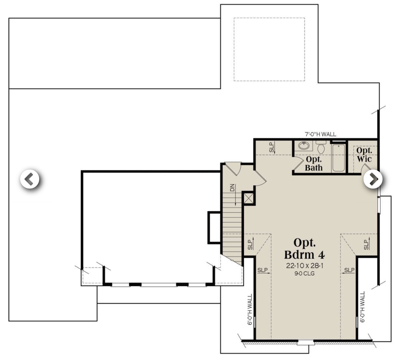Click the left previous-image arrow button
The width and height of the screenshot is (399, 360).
(30, 179)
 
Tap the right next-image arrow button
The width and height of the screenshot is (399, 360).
(373, 179)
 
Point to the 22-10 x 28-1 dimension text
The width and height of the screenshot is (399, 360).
(305, 265)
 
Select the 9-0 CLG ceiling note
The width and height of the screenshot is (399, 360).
(305, 273)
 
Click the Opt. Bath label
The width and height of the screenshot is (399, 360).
(314, 164)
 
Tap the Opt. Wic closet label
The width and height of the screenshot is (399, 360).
(364, 155)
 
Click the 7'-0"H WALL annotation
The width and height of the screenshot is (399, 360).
(320, 134)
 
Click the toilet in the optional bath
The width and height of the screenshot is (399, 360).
(321, 147)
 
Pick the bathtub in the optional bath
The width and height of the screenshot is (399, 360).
(338, 157)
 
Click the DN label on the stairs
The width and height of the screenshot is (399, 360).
(232, 188)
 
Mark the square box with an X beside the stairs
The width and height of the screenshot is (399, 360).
(249, 198)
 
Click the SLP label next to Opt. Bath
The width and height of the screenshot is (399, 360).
(272, 147)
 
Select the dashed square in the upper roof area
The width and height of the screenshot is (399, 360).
(269, 49)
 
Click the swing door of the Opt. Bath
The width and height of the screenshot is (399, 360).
(298, 164)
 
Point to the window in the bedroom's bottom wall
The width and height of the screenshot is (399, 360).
(306, 342)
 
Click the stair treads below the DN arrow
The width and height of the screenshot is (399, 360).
(232, 226)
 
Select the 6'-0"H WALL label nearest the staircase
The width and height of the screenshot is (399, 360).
(250, 309)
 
